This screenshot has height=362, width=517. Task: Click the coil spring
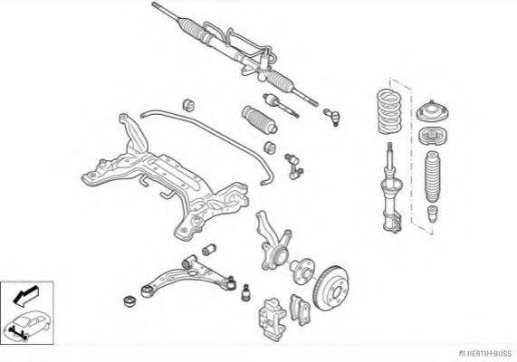[x=389, y=110]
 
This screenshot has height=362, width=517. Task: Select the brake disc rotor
[x=331, y=288]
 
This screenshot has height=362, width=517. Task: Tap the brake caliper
[x=272, y=318]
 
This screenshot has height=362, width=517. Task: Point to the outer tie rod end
[x=331, y=117]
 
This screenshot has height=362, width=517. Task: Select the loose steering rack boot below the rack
[x=260, y=120]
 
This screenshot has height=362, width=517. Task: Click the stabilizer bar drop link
[x=293, y=167]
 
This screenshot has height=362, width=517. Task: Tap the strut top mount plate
[x=432, y=111]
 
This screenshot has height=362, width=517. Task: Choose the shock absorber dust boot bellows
[x=432, y=176]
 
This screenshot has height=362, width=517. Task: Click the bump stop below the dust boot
[x=432, y=214]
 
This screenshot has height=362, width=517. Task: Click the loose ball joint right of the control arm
[x=245, y=292]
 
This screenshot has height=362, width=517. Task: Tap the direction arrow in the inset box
[x=25, y=295]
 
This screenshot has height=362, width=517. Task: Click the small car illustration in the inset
[x=26, y=325]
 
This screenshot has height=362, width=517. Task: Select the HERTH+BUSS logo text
[x=485, y=354]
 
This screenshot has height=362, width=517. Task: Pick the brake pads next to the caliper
[x=300, y=310]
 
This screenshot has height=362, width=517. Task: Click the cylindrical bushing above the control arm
[x=209, y=250]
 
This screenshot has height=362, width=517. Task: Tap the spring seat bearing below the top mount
[x=433, y=136]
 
